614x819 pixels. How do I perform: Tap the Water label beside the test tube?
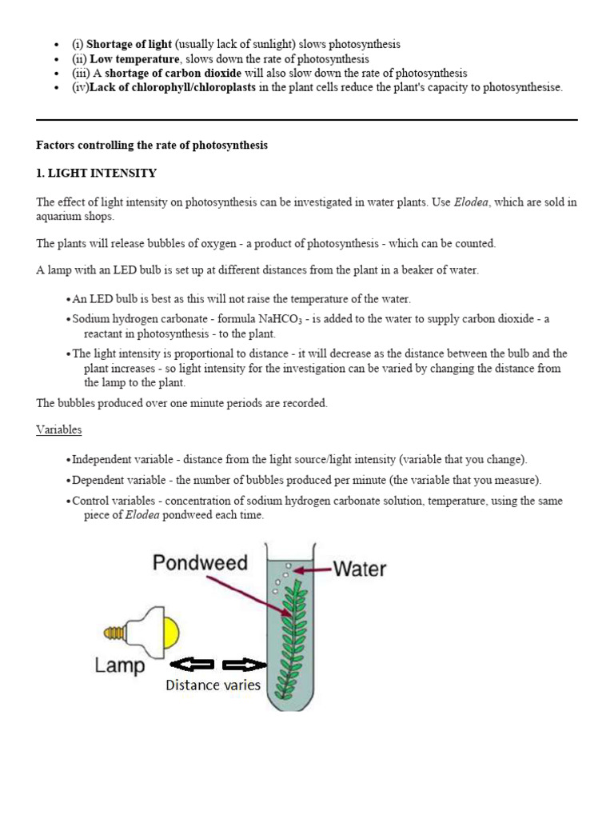coord(360,569)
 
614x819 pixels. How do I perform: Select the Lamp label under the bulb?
coord(121,665)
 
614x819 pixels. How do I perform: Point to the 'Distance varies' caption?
coord(213,685)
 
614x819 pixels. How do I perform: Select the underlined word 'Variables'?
coord(59,429)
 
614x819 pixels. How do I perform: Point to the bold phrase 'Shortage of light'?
coord(129,45)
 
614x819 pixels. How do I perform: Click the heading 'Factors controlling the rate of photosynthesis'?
coord(152,146)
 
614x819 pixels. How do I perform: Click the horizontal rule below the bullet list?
coord(307,120)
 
